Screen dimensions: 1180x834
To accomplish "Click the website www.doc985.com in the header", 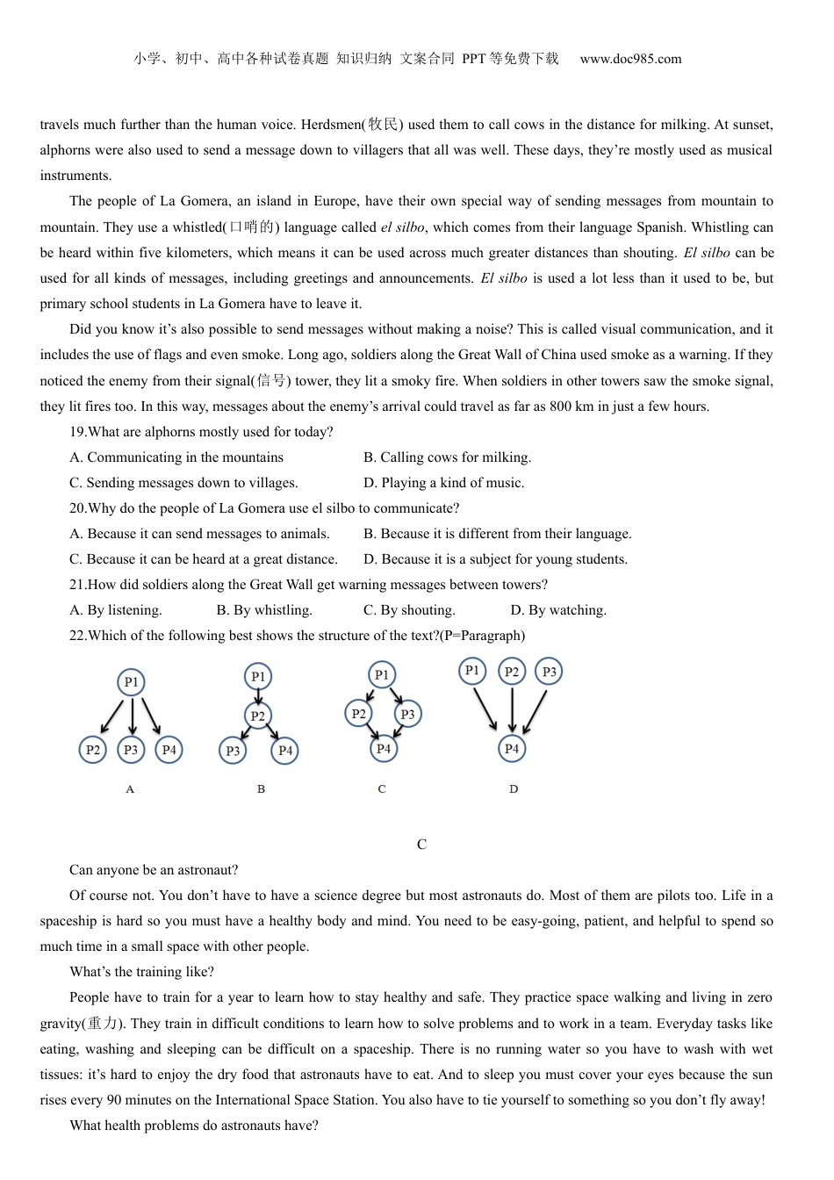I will (630, 59).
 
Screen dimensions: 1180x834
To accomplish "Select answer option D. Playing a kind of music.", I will (443, 483).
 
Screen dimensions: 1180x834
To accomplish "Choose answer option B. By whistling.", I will (264, 610).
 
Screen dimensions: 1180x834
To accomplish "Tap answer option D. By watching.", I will (558, 610).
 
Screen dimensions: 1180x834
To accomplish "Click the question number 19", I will (77, 432).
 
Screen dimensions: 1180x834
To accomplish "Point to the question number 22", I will (77, 636).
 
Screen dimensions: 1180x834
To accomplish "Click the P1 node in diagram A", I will (131, 682).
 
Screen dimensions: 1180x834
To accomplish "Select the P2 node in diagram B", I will (257, 716).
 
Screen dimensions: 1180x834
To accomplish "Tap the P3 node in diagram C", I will (407, 714).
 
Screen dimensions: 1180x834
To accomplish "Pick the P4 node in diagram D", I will (512, 749).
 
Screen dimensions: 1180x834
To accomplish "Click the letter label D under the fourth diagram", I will (514, 789).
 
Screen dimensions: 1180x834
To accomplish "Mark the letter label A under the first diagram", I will (130, 789).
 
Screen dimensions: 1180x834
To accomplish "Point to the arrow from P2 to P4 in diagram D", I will (512, 709).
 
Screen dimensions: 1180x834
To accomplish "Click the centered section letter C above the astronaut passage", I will (421, 845).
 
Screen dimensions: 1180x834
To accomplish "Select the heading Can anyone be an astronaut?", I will (154, 870).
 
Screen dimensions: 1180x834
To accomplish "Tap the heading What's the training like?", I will (141, 972).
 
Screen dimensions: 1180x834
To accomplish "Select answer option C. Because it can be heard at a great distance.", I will (204, 559).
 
